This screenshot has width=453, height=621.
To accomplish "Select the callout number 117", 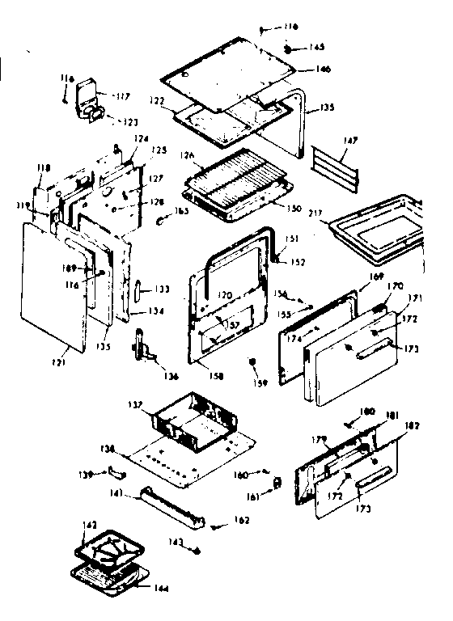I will coord(122,96).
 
